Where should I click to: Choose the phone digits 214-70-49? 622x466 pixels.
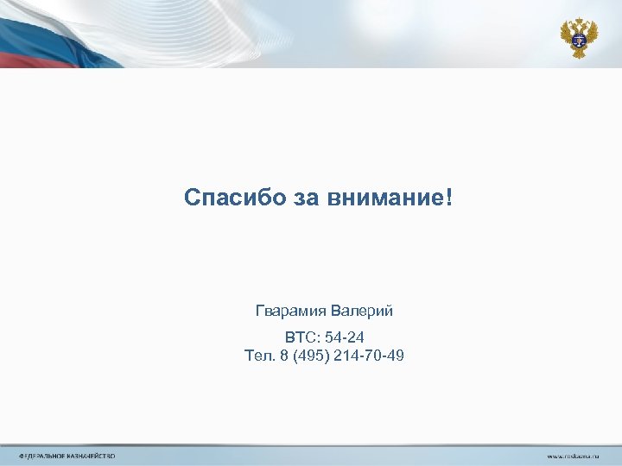[x=373, y=355]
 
